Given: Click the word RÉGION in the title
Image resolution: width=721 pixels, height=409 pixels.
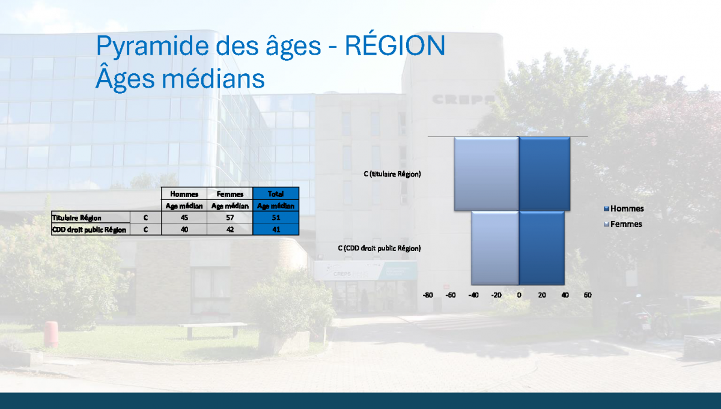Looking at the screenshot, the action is coord(395,45).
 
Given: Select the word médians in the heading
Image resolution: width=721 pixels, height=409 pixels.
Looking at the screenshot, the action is coord(213,79).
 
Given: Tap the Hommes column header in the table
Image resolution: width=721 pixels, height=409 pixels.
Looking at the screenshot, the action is coord(184,194).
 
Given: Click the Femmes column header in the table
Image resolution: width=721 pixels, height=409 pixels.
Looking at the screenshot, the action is coord(230,194).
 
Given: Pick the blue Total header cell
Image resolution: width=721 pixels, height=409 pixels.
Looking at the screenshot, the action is coord(276,194).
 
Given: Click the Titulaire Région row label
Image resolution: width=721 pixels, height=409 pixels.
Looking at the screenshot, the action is coord(77,218).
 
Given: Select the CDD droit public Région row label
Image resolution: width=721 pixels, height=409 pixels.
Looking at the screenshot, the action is coord(89,230).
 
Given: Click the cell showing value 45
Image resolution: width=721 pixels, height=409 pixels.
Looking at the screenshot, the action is coord(184,217).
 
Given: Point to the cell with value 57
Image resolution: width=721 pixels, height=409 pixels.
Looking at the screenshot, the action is coord(230,217).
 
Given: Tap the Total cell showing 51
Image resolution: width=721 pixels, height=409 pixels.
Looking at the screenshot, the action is coord(276,217).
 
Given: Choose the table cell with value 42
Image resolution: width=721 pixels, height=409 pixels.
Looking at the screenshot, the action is coord(230,229).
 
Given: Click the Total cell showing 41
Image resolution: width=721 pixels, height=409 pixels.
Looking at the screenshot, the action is coord(276,229).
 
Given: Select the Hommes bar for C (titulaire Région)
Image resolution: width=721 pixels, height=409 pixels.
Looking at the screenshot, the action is coord(544,174).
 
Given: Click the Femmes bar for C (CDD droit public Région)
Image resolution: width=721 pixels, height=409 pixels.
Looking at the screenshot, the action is coord(495,248).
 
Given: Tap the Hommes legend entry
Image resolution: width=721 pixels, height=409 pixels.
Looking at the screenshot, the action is coord(624,208).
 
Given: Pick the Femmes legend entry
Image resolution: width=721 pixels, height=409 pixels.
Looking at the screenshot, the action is coord(623,224).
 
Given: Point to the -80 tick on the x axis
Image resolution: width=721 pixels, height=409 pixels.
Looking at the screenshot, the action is coord(427,295).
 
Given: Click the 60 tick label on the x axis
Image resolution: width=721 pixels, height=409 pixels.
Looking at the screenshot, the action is coord(588,295).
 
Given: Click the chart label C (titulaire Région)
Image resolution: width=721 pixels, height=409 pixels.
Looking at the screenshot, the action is coord(392,174).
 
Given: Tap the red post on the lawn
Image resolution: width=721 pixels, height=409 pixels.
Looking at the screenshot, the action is coord(51,334).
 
